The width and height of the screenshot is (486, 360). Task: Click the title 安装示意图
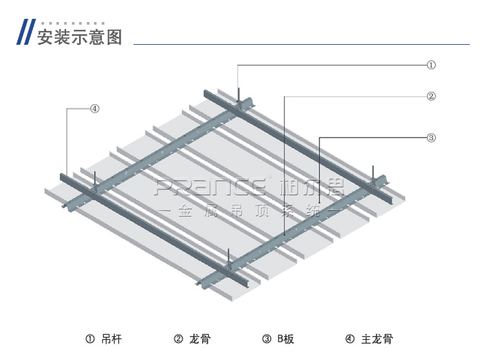tap(79, 36)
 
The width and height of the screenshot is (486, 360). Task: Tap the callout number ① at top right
tap(431, 65)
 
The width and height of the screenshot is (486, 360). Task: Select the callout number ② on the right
tap(431, 97)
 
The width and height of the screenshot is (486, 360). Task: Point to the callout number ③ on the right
tap(431, 138)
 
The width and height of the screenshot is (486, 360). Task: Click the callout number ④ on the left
tap(95, 108)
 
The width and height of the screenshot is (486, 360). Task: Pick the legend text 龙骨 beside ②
tap(201, 339)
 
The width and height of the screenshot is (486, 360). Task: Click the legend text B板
tap(286, 339)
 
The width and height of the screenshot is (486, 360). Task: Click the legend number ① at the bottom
tap(90, 339)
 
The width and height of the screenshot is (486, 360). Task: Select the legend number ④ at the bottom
tap(350, 339)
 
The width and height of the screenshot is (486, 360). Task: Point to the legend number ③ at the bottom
tap(266, 339)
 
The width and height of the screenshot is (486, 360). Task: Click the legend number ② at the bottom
tap(178, 339)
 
